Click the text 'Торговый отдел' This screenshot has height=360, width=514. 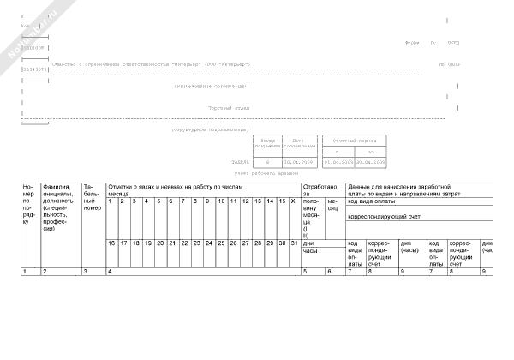pos(230,109)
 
